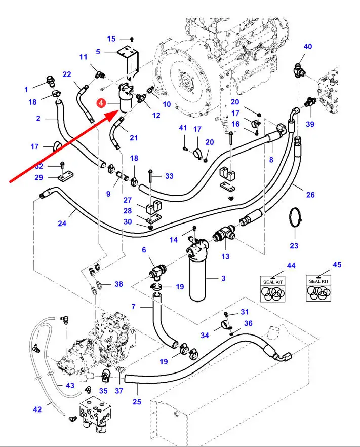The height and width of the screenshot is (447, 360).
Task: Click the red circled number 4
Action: point(102,104)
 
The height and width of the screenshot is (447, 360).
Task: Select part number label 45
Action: point(336,265)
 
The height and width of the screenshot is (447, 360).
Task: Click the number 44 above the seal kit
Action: point(291,266)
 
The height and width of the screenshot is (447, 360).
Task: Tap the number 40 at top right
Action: point(307,47)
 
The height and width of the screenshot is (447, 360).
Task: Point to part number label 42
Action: point(37,409)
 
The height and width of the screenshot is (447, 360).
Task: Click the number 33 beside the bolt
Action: point(169,176)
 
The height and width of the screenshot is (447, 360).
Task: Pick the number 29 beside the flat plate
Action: point(39,177)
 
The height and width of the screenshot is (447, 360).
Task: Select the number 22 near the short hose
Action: point(67,74)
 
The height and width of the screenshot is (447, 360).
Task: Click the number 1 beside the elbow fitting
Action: point(26,90)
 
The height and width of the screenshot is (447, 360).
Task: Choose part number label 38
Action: point(118,284)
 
